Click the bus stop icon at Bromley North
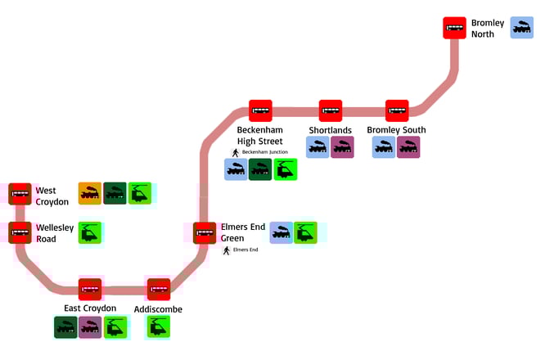pyautogui.click(x=454, y=28)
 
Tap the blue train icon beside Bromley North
pyautogui.click(x=521, y=28)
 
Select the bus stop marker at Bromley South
pyautogui.click(x=397, y=110)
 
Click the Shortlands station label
pyautogui.click(x=330, y=130)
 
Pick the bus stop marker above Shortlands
pyautogui.click(x=331, y=110)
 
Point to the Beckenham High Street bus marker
pyautogui.click(x=260, y=110)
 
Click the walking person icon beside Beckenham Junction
pyautogui.click(x=234, y=152)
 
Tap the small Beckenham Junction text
pyautogui.click(x=264, y=152)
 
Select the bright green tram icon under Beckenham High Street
pyautogui.click(x=285, y=169)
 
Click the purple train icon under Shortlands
pyautogui.click(x=342, y=147)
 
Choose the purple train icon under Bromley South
pyautogui.click(x=408, y=147)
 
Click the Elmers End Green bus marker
pyautogui.click(x=205, y=232)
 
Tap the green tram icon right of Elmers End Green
pyautogui.click(x=305, y=232)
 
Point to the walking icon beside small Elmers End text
pyautogui.click(x=226, y=250)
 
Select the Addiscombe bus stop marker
pyautogui.click(x=158, y=289)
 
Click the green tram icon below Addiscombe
pyautogui.click(x=158, y=326)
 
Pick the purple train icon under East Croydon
pyautogui.click(x=89, y=326)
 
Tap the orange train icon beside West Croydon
pyautogui.click(x=89, y=193)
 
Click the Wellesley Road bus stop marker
pyautogui.click(x=20, y=232)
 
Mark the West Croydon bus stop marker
pyautogui.click(x=20, y=194)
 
